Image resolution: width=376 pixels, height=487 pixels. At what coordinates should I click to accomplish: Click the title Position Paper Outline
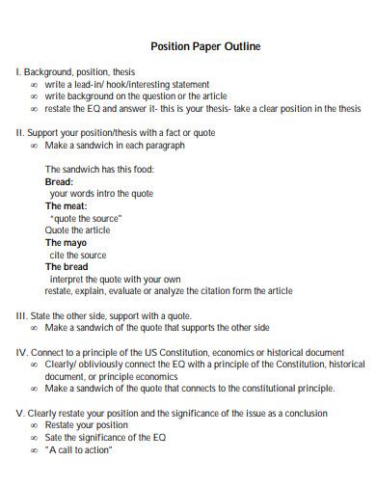(206, 45)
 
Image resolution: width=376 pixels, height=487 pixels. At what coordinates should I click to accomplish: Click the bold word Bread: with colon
(59, 180)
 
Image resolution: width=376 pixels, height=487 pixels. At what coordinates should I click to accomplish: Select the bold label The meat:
(67, 205)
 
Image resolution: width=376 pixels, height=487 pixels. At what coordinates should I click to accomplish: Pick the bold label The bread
(67, 266)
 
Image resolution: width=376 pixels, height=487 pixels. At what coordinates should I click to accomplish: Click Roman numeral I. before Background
(18, 72)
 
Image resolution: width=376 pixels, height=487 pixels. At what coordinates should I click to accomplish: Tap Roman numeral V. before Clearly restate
(20, 413)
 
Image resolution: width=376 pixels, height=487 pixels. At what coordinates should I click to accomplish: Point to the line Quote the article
(77, 230)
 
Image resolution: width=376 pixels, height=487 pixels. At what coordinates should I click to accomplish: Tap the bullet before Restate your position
(35, 425)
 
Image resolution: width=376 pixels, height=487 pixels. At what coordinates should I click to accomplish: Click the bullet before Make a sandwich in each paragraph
(35, 145)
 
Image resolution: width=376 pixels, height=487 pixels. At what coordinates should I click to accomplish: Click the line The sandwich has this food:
(99, 169)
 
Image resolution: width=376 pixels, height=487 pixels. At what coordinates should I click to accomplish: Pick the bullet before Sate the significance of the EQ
(35, 438)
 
